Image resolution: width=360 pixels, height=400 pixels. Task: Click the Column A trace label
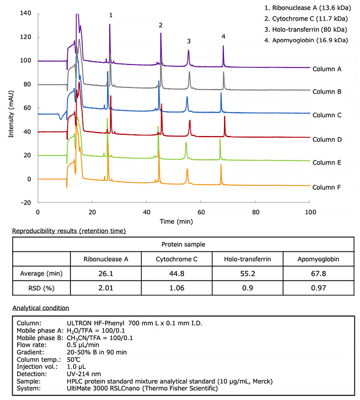point(328,69)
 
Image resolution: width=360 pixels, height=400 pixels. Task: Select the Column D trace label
point(328,139)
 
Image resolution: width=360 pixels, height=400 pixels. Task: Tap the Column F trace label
point(328,187)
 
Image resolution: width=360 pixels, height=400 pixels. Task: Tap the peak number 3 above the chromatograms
point(189,41)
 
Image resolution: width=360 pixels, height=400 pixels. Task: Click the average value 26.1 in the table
point(105,273)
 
